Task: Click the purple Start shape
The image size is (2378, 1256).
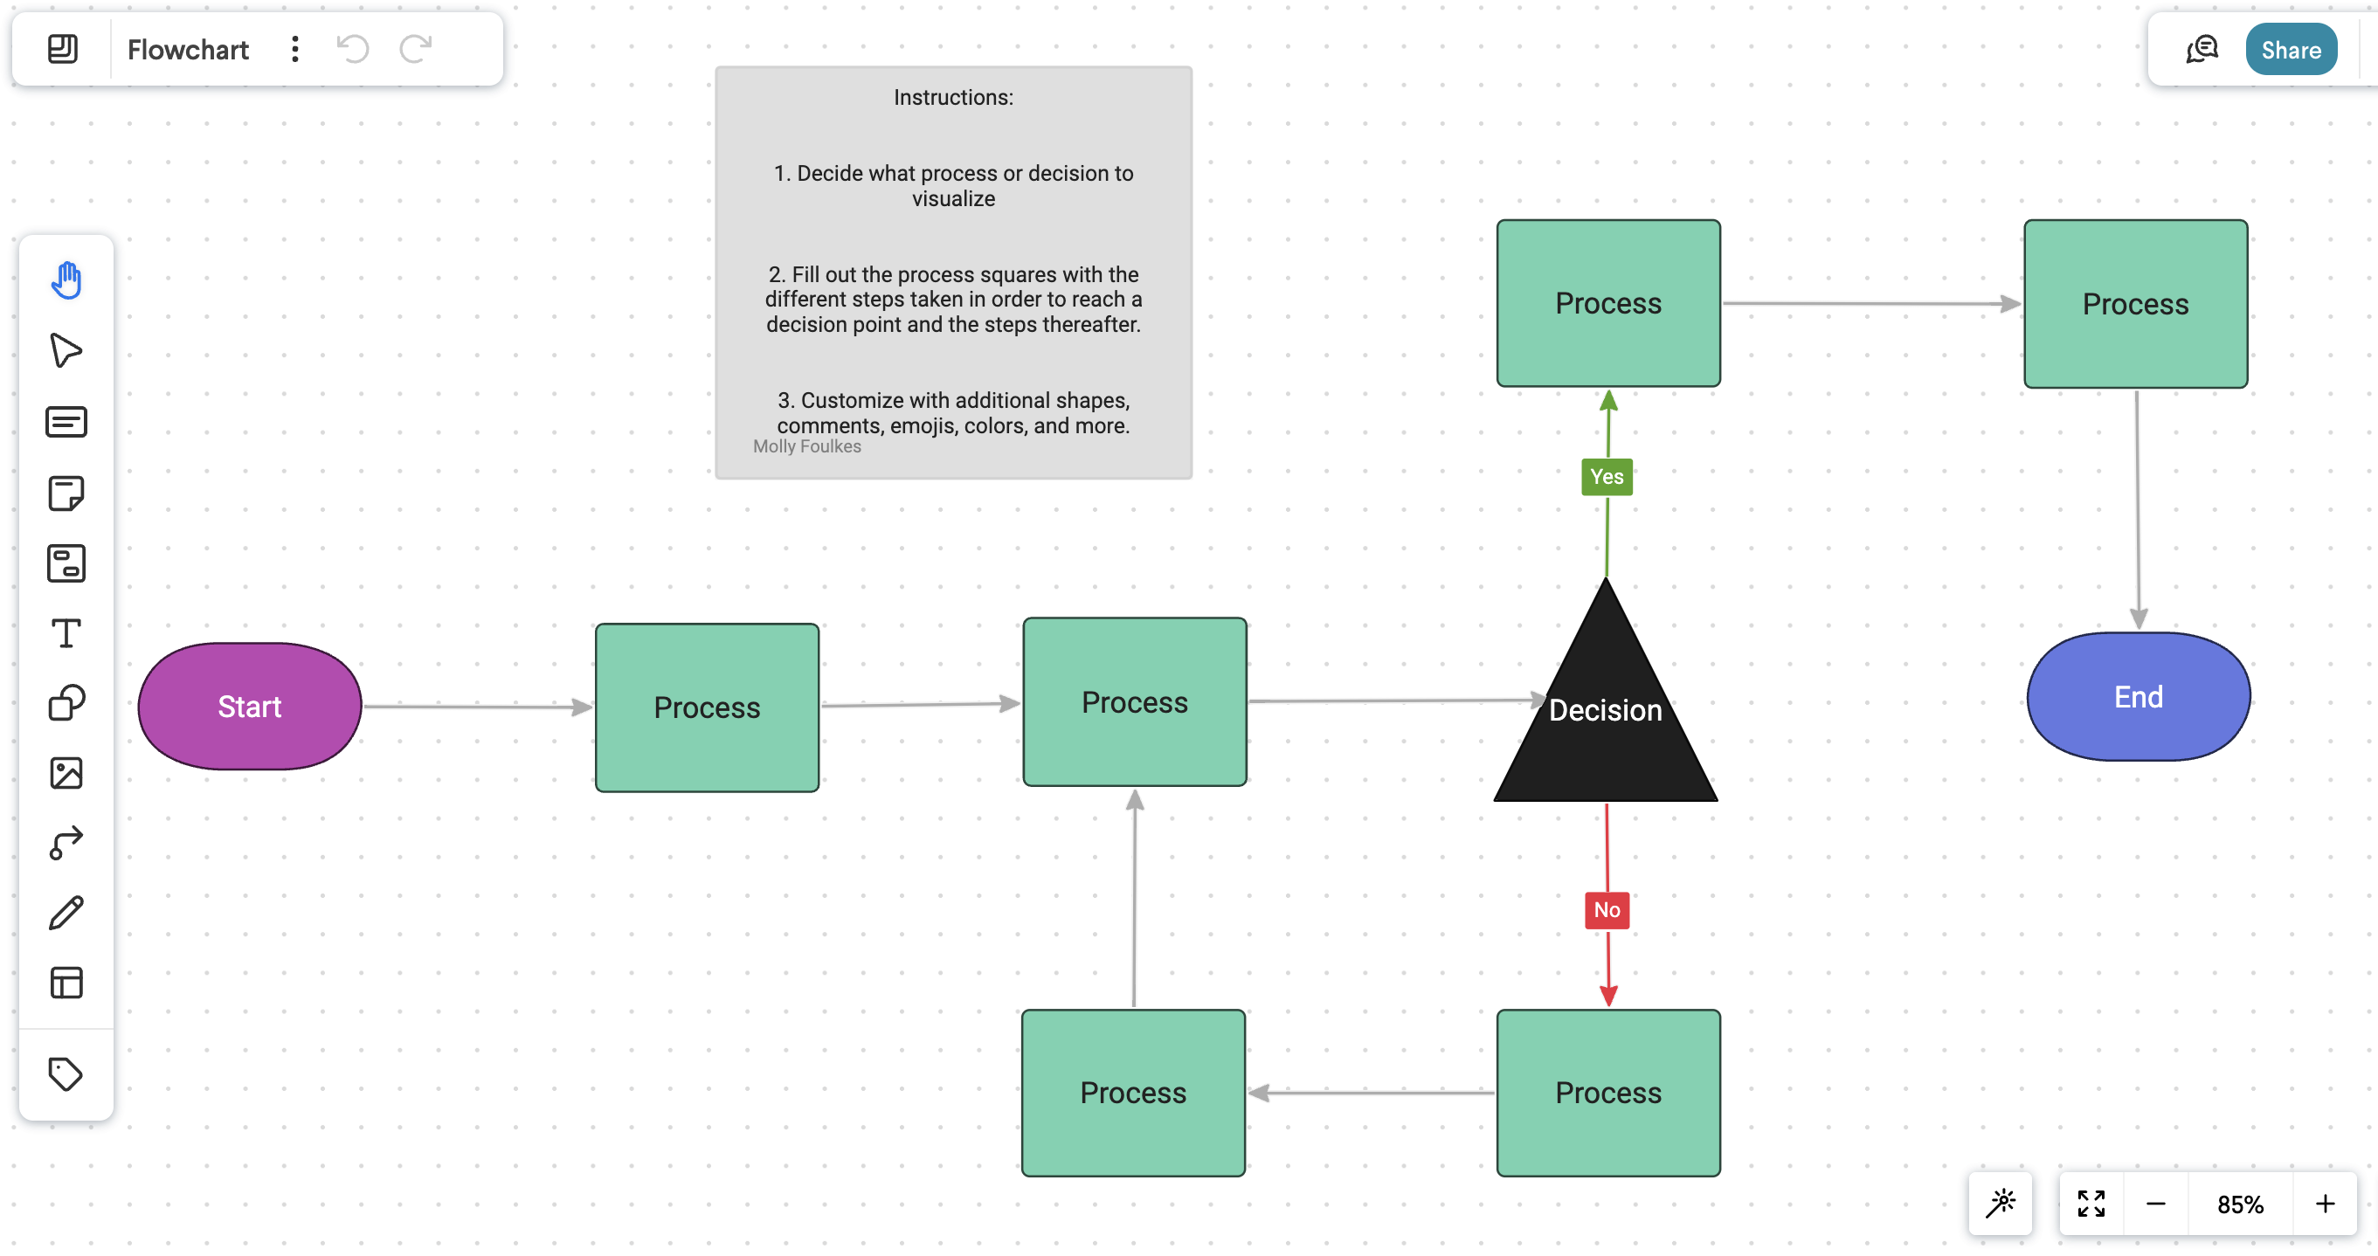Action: (249, 706)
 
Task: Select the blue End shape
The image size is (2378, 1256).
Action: (2138, 697)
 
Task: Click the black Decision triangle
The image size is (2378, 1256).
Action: (1606, 729)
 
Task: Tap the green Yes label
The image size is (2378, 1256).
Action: (1607, 477)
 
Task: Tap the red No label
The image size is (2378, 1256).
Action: (1607, 910)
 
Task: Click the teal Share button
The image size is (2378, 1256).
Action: (2291, 50)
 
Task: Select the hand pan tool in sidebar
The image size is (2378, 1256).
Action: (66, 280)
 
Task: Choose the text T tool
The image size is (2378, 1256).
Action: (66, 633)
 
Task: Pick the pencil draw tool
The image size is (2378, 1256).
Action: (66, 913)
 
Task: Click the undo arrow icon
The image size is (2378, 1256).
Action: (353, 49)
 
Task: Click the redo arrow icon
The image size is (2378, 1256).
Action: (416, 49)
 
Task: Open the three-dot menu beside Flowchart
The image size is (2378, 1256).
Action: (294, 49)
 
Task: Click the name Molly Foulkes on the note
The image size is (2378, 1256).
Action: (807, 446)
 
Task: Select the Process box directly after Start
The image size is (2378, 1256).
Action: (707, 707)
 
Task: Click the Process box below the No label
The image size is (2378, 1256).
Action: (1608, 1093)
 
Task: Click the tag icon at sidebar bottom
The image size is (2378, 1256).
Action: (66, 1074)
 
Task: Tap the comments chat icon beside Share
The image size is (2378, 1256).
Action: (2202, 50)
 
